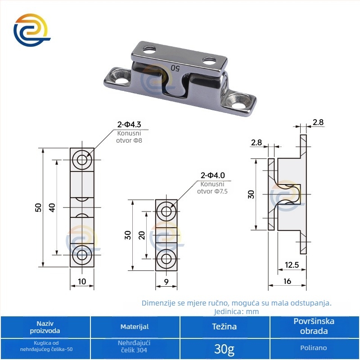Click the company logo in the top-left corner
[32, 30]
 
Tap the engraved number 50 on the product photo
[175, 68]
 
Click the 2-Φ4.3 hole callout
[129, 125]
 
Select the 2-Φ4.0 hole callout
[212, 175]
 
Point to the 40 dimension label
[52, 207]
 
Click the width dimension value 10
[82, 281]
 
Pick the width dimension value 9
[166, 282]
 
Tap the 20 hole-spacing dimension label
[142, 235]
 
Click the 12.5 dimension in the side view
[292, 265]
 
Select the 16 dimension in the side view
[287, 281]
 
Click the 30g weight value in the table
[224, 349]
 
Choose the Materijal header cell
[135, 327]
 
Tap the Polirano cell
[314, 348]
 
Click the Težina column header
[224, 327]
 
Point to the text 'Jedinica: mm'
[237, 311]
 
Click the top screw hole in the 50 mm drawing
[82, 160]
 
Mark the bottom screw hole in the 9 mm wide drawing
[166, 259]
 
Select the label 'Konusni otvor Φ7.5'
[212, 188]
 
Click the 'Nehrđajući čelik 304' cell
[134, 346]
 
